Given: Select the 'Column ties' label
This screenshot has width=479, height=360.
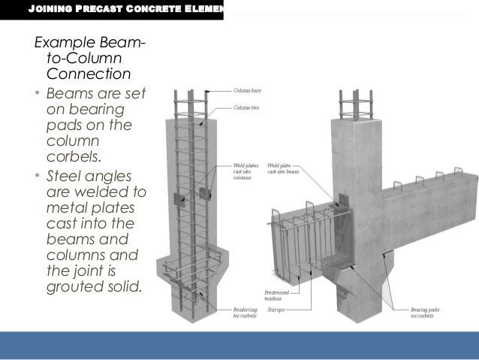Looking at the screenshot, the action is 244,107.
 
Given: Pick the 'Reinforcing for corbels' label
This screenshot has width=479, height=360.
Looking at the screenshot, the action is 246,311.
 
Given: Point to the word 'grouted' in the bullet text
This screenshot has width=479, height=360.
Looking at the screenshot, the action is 73,285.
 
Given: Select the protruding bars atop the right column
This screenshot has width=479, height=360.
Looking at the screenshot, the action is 353,104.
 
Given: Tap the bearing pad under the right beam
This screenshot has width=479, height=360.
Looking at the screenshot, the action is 387,257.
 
